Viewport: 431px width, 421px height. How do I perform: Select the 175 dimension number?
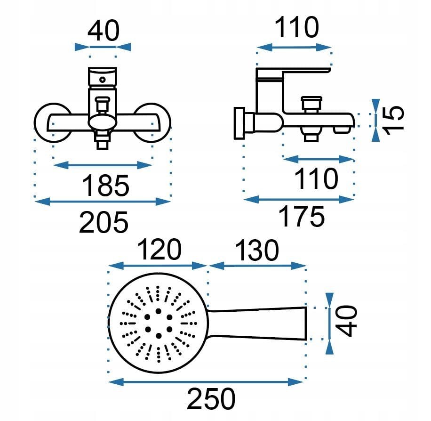tap(302, 217)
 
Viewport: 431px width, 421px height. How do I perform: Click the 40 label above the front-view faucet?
tap(104, 31)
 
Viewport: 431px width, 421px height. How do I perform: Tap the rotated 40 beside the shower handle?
tap(347, 321)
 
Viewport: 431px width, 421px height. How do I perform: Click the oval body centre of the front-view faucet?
tap(104, 123)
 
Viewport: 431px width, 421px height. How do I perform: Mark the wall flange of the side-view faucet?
tap(239, 123)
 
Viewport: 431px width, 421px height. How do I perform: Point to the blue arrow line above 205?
tap(103, 202)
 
